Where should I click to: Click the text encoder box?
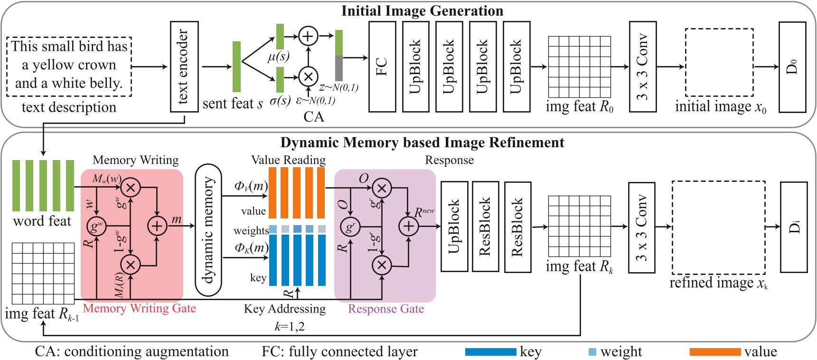(x=184, y=66)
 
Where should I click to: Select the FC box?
(x=382, y=66)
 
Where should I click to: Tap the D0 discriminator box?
(x=792, y=66)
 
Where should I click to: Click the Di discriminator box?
(x=794, y=227)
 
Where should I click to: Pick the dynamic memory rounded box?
(x=208, y=230)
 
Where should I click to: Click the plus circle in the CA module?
(x=308, y=36)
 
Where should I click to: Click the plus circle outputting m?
(x=157, y=226)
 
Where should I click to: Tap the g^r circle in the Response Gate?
(x=350, y=227)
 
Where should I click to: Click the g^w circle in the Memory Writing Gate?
(x=96, y=227)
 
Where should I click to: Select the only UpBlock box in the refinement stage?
(x=454, y=227)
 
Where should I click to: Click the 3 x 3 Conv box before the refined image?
(x=641, y=227)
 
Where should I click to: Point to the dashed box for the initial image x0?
(x=719, y=62)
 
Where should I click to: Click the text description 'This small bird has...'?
(x=69, y=65)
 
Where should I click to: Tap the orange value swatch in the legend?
(x=715, y=352)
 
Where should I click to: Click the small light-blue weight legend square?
(x=592, y=352)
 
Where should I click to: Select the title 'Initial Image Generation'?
(x=422, y=11)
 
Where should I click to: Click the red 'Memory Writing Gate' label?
(x=139, y=308)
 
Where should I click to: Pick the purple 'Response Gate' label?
(x=386, y=309)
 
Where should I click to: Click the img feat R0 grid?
(x=579, y=66)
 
